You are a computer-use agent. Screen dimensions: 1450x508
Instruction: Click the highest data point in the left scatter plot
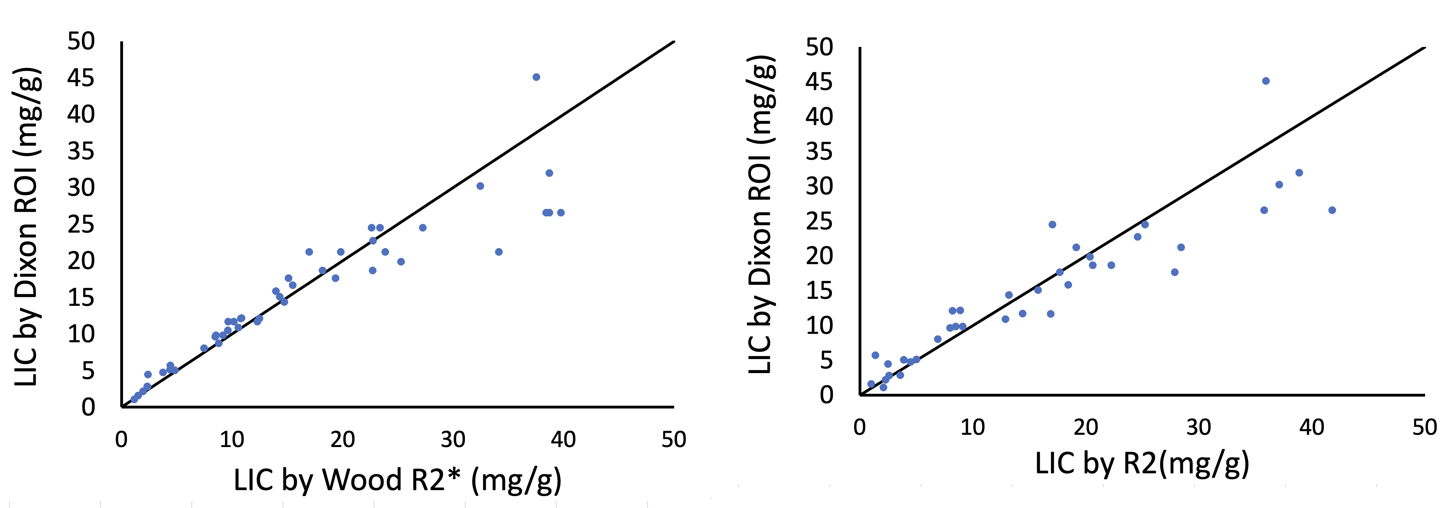pos(536,77)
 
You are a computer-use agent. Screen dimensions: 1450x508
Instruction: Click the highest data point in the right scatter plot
pos(1266,81)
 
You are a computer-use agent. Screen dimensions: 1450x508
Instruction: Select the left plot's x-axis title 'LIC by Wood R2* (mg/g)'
pos(398,480)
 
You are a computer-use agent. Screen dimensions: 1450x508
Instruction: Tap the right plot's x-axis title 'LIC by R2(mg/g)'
pos(1142,464)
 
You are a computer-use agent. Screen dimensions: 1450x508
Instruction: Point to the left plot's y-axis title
pos(26,227)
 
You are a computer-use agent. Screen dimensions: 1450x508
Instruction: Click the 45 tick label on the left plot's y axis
pos(81,78)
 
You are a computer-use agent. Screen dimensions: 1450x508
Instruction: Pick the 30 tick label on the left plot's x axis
pos(453,439)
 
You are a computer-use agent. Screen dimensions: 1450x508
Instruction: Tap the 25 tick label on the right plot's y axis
pos(819,221)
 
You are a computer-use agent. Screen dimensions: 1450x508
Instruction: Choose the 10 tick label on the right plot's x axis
pos(972,427)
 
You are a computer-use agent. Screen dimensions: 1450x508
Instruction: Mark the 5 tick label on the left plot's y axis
pos(88,371)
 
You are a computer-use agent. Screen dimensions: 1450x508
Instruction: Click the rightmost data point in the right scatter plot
pos(1332,210)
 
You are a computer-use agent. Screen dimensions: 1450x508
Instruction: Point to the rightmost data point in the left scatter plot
pos(561,213)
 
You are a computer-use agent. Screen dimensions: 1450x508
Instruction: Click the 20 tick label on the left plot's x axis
pos(342,439)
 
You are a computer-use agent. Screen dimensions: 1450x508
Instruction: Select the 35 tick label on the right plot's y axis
pos(819,151)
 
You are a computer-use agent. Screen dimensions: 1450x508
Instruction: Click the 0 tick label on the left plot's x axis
pos(122,439)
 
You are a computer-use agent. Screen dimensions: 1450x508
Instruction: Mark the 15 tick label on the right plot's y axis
pos(819,291)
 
